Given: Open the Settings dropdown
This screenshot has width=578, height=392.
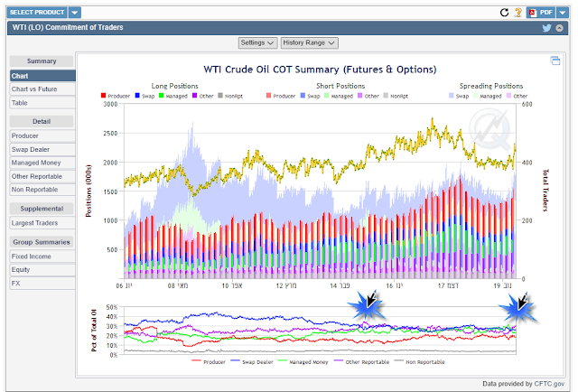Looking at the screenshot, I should coord(257,42).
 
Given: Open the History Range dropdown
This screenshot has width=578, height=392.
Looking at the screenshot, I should coord(309,42).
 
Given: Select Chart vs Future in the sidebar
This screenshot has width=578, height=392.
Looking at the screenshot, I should coord(35,89).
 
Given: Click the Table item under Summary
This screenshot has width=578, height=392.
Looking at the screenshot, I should coord(20,103).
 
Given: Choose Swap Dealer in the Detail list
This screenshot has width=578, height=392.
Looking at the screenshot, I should coord(33,148).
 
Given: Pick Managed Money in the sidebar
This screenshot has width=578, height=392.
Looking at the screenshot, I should coord(36,162).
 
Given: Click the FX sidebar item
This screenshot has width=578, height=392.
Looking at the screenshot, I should coord(15,283).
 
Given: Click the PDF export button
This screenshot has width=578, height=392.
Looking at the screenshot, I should coord(540,13).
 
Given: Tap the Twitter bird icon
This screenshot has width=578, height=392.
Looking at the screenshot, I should coord(546,28).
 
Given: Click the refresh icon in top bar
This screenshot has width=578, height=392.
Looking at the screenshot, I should coord(504,13).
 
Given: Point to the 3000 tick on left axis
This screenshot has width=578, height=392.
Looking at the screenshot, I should coord(109,104).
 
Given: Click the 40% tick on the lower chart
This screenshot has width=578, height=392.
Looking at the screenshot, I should coord(111,316).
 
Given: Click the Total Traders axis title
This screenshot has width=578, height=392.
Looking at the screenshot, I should coord(545,190).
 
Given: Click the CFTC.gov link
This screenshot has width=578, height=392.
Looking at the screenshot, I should coord(547,383).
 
